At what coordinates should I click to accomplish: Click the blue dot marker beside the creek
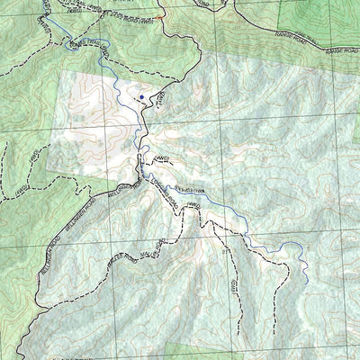click(x=140, y=96)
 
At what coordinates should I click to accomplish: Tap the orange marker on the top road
click(x=159, y=18)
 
